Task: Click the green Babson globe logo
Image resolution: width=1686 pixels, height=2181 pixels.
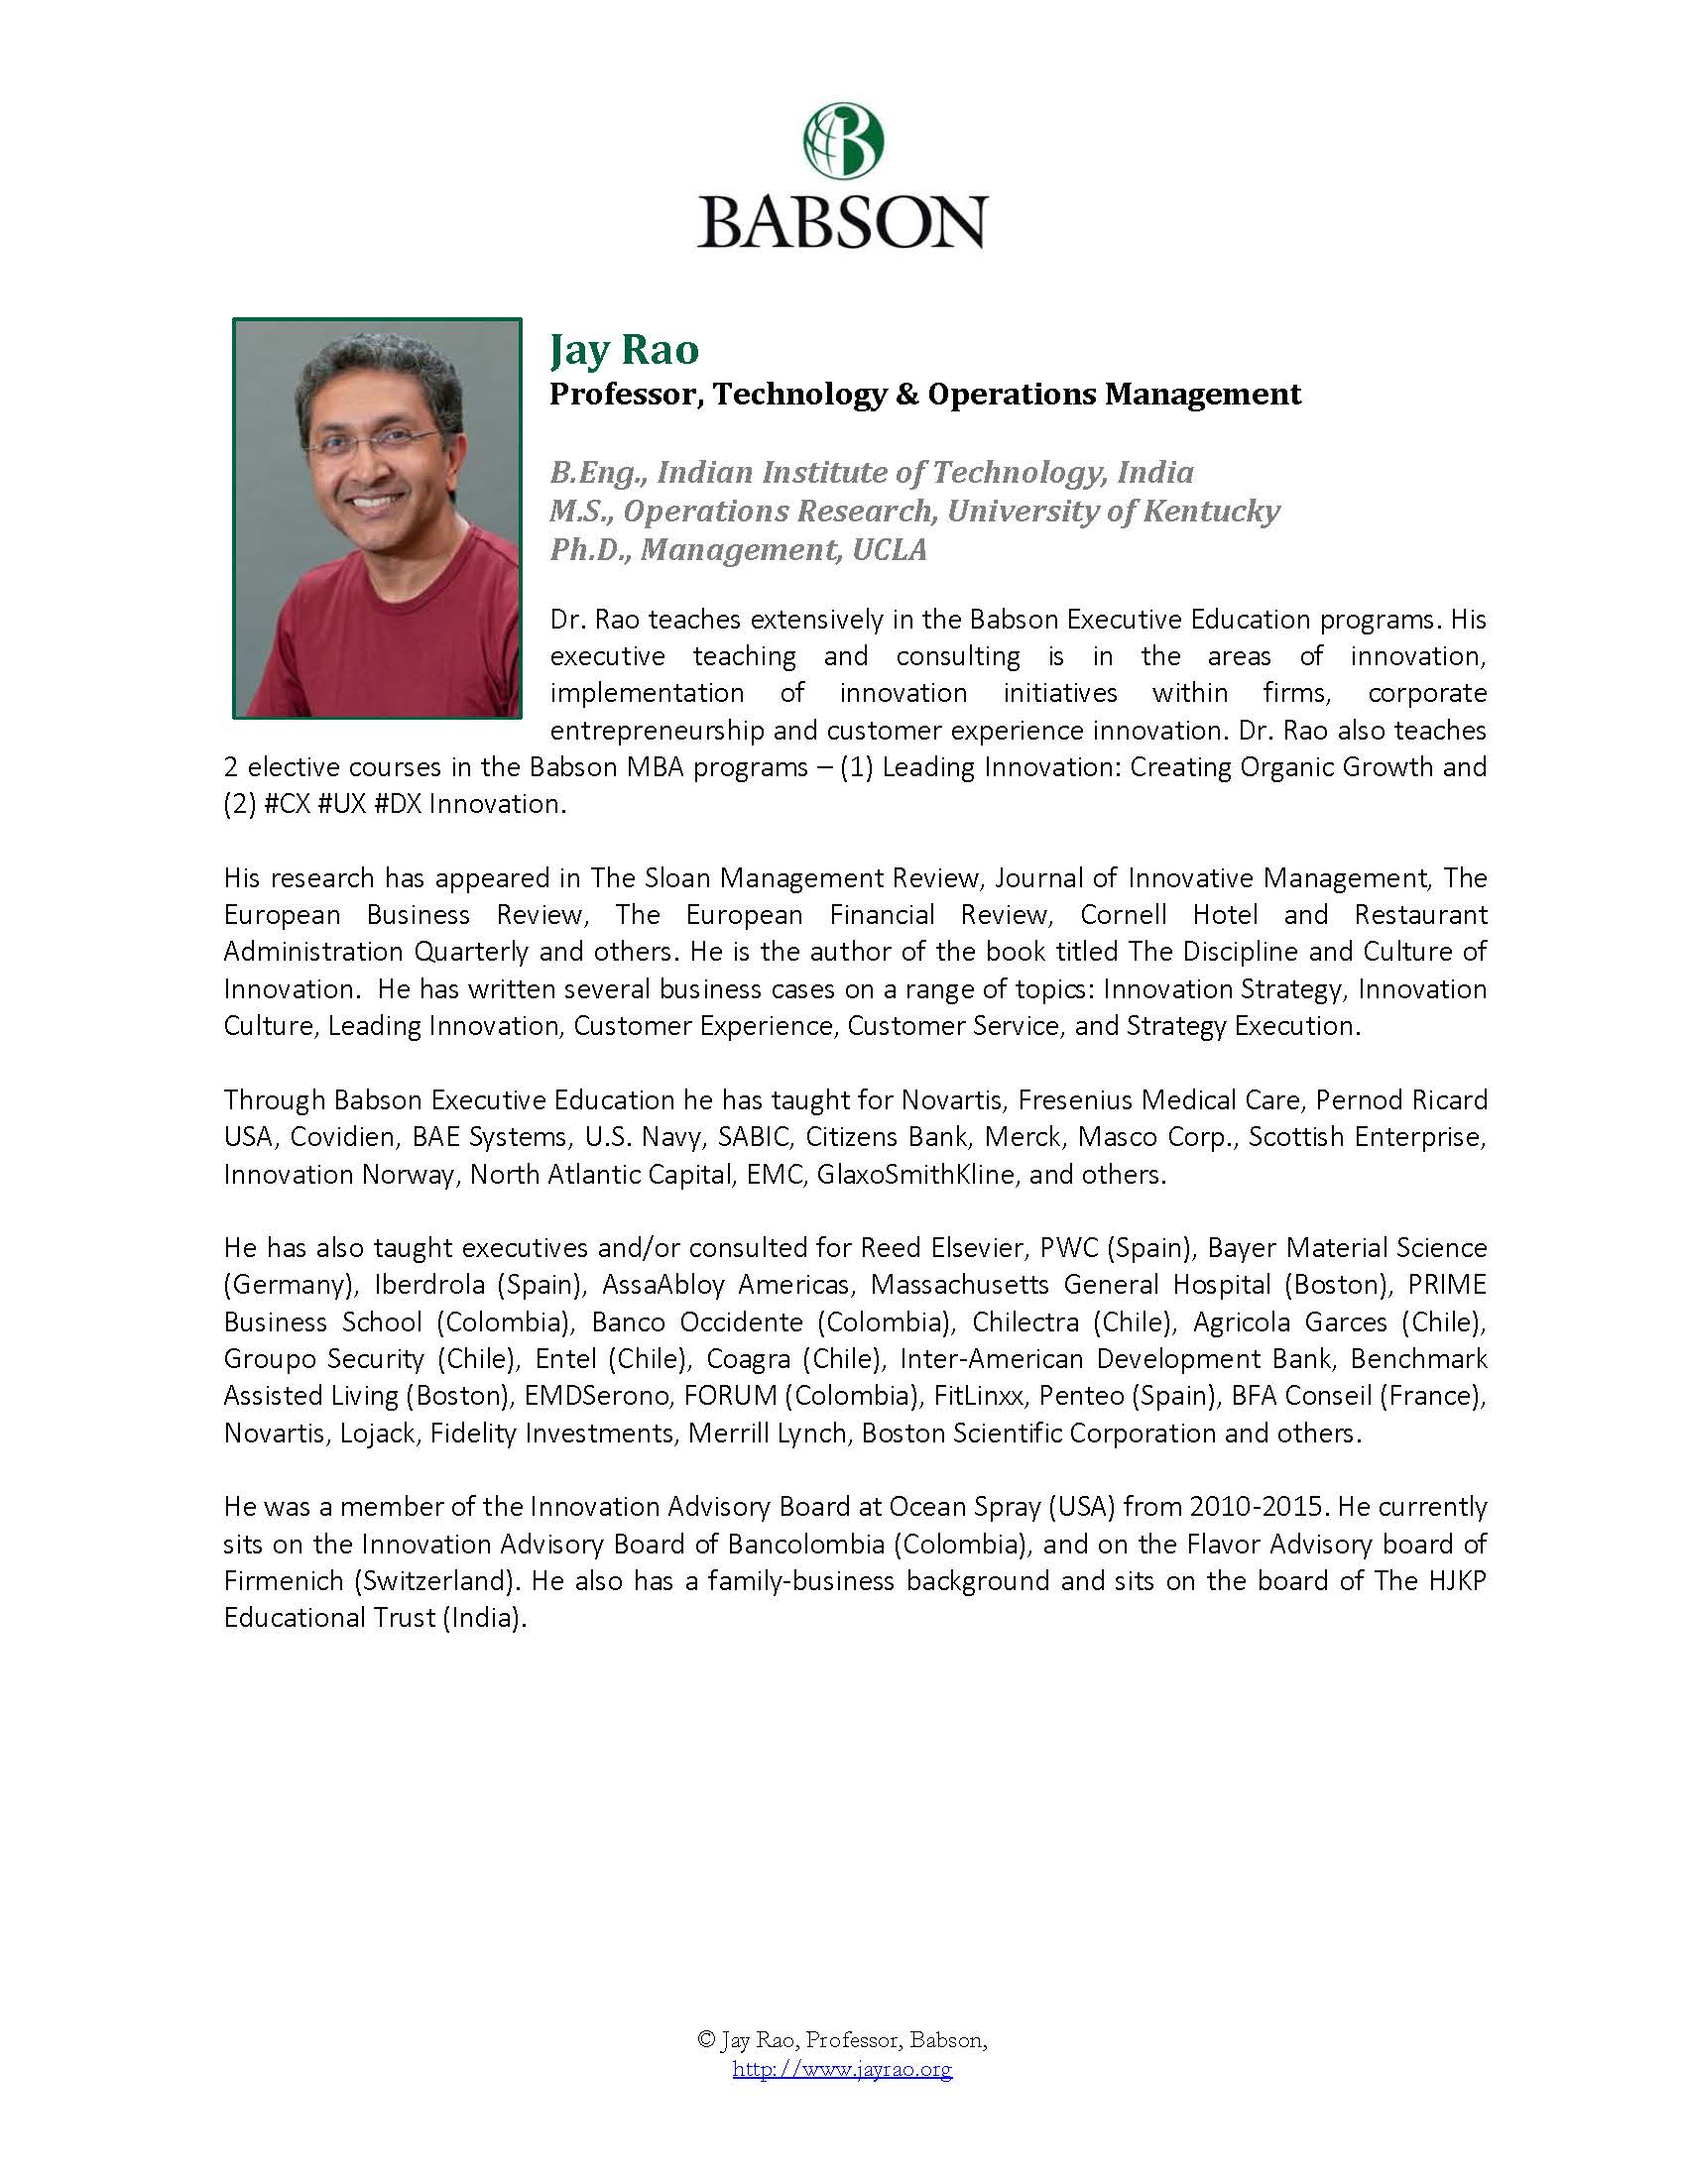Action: [843, 140]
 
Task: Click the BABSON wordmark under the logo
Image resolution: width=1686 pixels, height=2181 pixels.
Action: [842, 221]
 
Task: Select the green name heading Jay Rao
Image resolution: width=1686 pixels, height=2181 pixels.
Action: [624, 350]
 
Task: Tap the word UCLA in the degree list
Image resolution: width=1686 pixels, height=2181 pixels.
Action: [889, 550]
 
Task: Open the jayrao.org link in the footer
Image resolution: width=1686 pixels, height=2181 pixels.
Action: [842, 2068]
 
